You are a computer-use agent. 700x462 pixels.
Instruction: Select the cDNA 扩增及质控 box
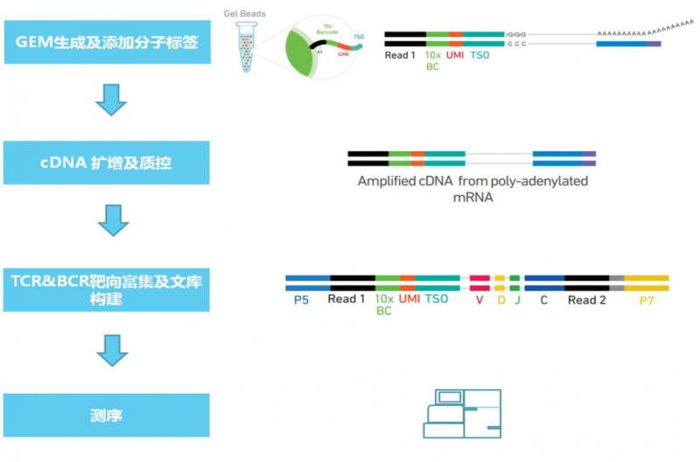(107, 164)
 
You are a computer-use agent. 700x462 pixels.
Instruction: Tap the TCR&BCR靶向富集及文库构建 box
(107, 289)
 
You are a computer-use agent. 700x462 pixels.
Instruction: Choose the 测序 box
(107, 415)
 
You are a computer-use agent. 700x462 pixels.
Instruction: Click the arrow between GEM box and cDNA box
(112, 101)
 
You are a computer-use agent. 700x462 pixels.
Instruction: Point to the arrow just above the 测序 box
(112, 350)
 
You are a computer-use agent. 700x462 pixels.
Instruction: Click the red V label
(479, 299)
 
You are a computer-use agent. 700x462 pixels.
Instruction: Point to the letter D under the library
(500, 299)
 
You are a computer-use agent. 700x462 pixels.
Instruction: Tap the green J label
(516, 299)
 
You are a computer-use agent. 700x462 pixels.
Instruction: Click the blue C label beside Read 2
(543, 299)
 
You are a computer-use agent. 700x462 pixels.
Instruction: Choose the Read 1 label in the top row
(401, 55)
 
